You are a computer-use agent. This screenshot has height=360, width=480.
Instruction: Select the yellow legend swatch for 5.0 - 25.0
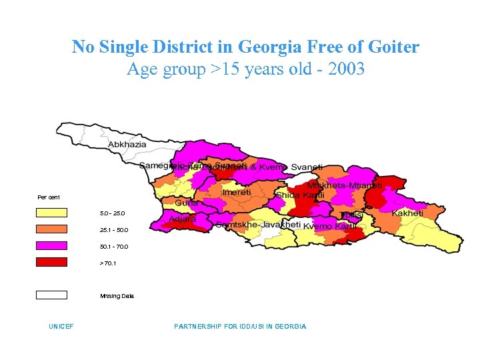coord(52,213)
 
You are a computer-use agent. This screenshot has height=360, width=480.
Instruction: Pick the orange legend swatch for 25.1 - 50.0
coord(52,229)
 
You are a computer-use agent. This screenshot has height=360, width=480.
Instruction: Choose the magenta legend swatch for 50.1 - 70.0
coord(52,246)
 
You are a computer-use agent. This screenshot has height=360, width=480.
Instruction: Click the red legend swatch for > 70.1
coord(52,262)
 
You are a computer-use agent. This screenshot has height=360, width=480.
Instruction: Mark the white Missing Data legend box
coord(52,295)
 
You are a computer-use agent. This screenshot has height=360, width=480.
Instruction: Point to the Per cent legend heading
coord(49,197)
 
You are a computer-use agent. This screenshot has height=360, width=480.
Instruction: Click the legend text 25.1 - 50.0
coord(113,230)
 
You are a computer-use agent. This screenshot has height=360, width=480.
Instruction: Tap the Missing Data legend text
coord(117,295)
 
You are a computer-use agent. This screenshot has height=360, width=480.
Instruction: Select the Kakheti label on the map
coord(407,213)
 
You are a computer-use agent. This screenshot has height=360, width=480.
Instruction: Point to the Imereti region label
coord(237,192)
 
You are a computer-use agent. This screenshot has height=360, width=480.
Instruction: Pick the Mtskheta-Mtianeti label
coord(344,186)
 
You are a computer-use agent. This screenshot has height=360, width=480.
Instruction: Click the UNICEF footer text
coord(61,327)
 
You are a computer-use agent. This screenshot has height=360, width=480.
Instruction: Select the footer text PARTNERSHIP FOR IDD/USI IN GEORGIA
coord(240,327)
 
